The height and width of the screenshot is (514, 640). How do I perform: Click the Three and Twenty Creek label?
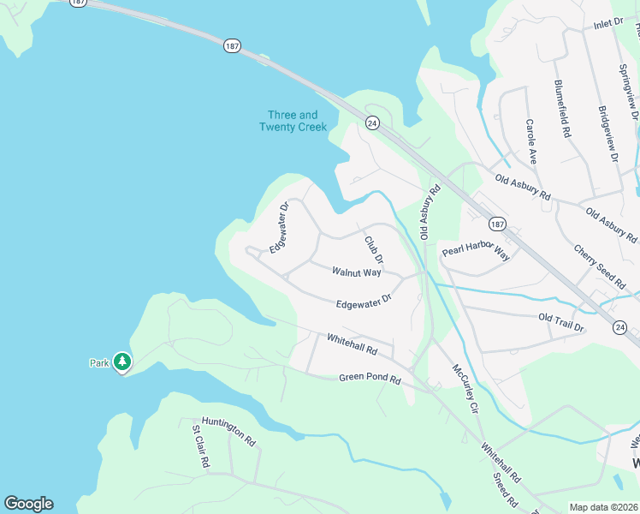tap(293, 121)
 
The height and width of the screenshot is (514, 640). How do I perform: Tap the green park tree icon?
tap(122, 362)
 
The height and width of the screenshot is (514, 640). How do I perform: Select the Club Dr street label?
tap(374, 249)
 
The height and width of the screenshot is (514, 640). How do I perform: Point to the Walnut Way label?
tap(356, 272)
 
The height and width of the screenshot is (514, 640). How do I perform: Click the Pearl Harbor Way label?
tap(476, 254)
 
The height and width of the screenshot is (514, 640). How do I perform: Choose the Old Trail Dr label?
tap(561, 322)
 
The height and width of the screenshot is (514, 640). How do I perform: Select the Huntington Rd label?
tap(224, 433)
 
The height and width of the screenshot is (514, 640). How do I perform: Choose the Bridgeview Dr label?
tap(608, 133)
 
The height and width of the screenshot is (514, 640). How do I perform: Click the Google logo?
tap(28, 504)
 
